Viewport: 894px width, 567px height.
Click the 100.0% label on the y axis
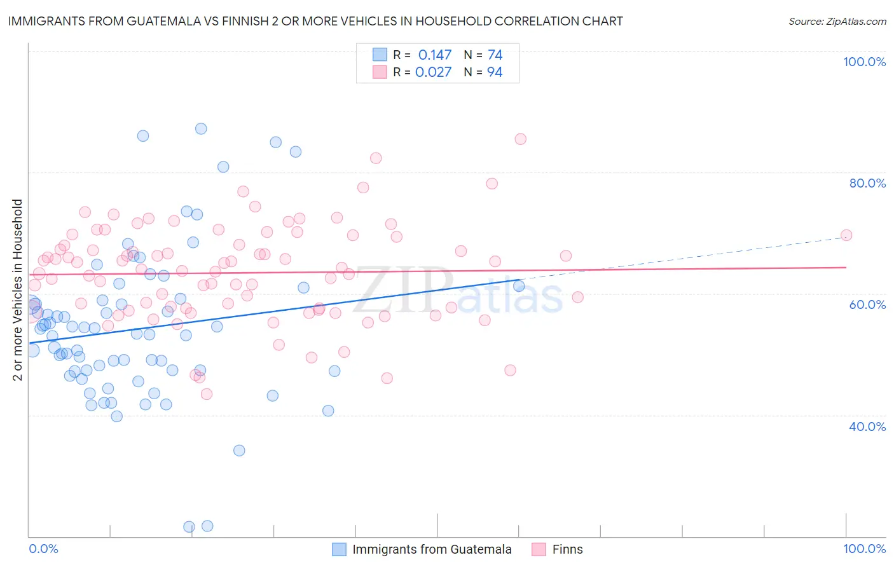pos(864,62)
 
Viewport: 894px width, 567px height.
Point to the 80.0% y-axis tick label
pos(867,183)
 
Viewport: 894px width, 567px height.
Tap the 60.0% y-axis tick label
pos(867,304)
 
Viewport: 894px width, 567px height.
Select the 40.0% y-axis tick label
pos(867,426)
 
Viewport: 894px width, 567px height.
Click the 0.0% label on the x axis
pos(43,549)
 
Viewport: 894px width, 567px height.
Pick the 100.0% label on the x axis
pos(864,549)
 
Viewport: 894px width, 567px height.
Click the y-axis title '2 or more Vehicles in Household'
pos(17,290)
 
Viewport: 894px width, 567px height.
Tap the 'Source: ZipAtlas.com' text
pos(837,21)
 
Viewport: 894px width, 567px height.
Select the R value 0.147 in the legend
pos(435,55)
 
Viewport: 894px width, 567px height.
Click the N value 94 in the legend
pos(495,72)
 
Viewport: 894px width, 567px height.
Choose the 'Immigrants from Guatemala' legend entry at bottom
pos(432,549)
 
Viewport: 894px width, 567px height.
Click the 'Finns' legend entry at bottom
pos(567,549)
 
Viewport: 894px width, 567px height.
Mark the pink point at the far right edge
pos(846,235)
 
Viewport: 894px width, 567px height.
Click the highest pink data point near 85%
pos(520,139)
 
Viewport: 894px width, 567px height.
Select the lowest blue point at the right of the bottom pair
pos(207,526)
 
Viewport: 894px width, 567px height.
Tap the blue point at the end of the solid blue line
pos(519,286)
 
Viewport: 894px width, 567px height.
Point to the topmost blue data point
pos(201,128)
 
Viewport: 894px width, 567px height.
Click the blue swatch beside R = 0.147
pos(380,55)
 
